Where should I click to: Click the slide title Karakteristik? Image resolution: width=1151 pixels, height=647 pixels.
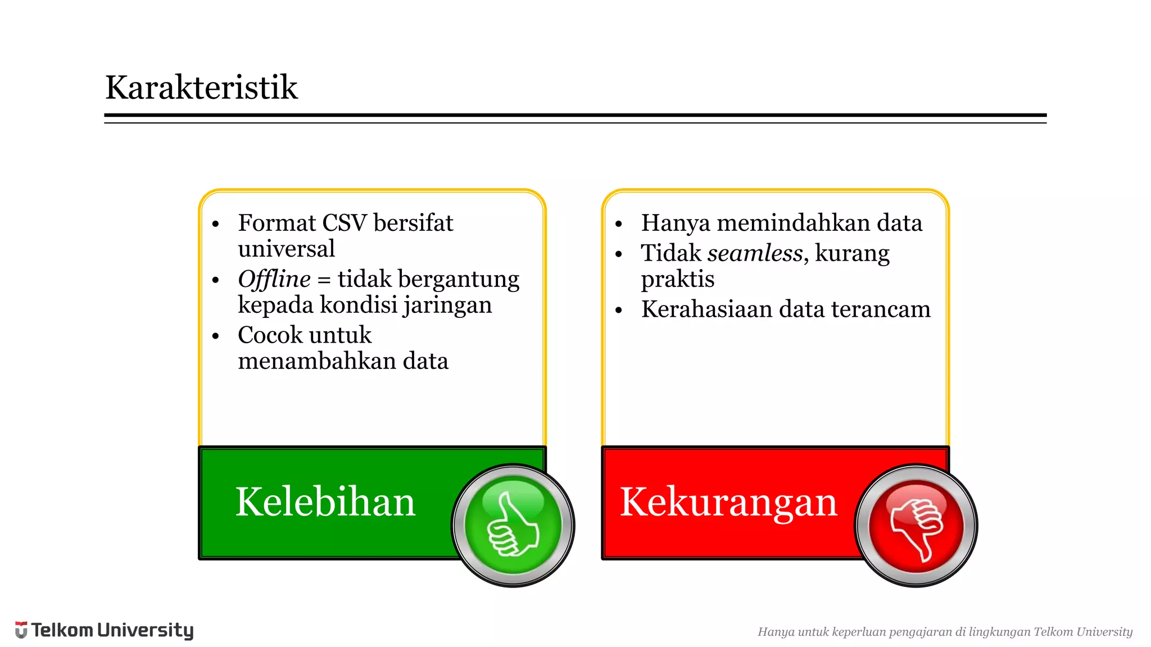click(x=201, y=88)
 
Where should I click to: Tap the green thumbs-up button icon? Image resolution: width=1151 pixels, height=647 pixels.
click(x=513, y=526)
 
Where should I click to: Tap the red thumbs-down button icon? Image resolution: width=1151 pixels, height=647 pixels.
click(x=916, y=526)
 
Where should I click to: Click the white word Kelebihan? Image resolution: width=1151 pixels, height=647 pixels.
click(x=325, y=502)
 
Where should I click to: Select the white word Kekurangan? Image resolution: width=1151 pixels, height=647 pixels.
click(x=728, y=502)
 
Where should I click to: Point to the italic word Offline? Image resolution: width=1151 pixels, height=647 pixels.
click(x=274, y=279)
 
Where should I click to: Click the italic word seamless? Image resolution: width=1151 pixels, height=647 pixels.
click(x=755, y=253)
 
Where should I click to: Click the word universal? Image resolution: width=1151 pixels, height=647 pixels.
click(x=286, y=249)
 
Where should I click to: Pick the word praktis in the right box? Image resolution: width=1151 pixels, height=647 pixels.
click(x=677, y=279)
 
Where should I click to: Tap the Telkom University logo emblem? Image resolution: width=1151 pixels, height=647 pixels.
click(x=21, y=630)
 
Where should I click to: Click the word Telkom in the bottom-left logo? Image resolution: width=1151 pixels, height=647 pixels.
click(x=62, y=630)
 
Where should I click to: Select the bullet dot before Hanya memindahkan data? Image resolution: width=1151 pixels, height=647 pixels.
click(x=619, y=224)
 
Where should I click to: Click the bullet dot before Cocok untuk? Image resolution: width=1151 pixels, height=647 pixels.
click(x=215, y=336)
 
